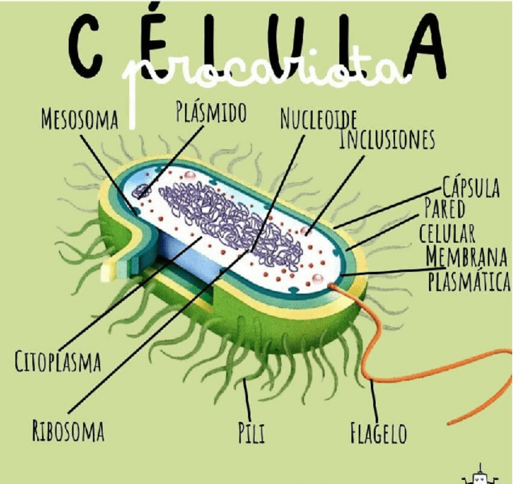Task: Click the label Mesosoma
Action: [79, 118]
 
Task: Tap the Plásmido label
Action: [211, 112]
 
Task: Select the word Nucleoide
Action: [318, 119]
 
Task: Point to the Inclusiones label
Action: [387, 139]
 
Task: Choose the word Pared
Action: [444, 210]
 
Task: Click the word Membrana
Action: [466, 256]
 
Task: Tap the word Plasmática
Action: [469, 281]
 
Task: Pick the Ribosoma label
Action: [68, 431]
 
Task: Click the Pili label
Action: [251, 433]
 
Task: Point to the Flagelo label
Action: [379, 433]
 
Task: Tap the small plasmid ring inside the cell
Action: [142, 191]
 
